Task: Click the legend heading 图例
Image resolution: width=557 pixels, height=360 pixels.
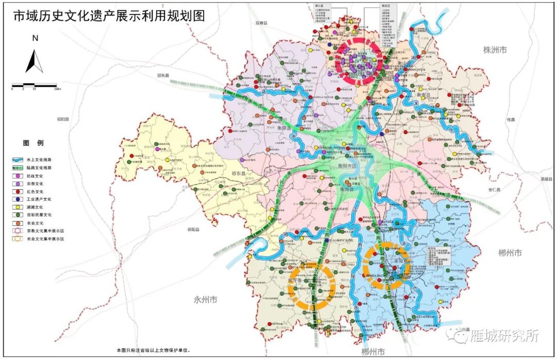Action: coord(33,142)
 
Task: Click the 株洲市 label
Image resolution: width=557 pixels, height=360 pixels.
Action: coord(495,50)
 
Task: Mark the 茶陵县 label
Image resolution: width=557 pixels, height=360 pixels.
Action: coord(546,179)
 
